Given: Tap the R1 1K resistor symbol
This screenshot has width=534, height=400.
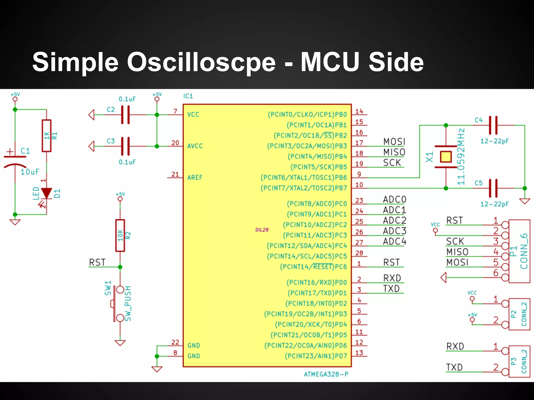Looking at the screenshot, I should click(x=47, y=136).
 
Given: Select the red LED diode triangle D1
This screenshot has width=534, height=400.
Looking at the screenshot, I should click(x=47, y=193).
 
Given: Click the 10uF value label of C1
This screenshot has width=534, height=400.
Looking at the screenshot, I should click(x=30, y=172).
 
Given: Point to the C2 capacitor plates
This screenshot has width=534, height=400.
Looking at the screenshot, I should click(x=125, y=115).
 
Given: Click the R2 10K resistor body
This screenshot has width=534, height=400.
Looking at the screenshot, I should click(x=120, y=235).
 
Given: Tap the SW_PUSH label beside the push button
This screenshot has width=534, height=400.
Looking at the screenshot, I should click(x=128, y=303).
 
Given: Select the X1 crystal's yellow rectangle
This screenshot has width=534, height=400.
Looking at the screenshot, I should click(x=446, y=157).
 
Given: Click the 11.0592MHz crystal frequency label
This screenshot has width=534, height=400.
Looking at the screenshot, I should click(x=461, y=157).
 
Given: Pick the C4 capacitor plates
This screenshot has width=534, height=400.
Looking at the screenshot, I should click(x=493, y=125).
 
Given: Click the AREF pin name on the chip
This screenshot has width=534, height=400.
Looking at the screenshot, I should click(x=195, y=178).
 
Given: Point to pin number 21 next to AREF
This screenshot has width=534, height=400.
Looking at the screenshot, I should click(x=175, y=174).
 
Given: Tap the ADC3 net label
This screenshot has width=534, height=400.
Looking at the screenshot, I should click(x=395, y=231).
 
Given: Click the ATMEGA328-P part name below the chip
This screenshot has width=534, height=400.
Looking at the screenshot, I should click(x=326, y=374).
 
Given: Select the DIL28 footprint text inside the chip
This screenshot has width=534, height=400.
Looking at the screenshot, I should click(x=262, y=230).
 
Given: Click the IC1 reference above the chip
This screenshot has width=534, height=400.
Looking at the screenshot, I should click(x=188, y=96).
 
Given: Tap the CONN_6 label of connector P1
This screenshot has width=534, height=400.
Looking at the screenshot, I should click(x=524, y=251).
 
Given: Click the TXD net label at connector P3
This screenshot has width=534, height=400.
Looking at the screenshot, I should click(x=454, y=367).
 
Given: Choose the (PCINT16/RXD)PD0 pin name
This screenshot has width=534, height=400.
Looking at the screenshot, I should click(x=317, y=283).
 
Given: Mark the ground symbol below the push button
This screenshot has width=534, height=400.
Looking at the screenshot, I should click(x=120, y=343).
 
